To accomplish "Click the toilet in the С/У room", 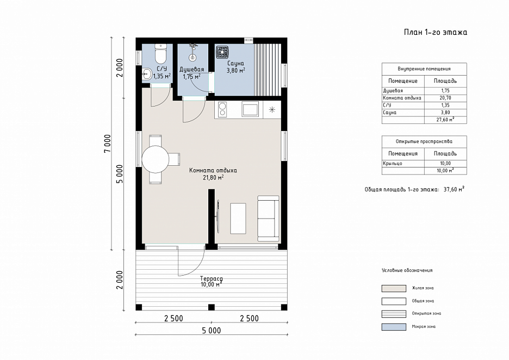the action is tap(160, 53).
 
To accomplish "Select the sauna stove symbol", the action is tap(222, 52).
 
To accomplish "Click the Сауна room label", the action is tap(235, 64).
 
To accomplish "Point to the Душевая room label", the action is tap(192, 70).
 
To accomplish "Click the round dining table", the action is tap(155, 159).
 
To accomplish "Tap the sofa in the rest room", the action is tap(268, 219).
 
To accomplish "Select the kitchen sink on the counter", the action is tap(250, 109).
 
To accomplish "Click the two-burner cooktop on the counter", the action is tap(222, 109).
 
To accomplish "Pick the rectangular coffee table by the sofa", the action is tap(238, 219).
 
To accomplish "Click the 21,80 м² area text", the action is tap(213, 178).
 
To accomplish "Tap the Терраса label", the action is tap(212, 279).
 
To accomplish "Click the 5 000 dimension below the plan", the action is tap(212, 331).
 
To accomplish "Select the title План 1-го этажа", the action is tap(435, 32).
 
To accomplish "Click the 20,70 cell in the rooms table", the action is tap(445, 98).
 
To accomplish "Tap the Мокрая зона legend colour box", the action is tap(394, 327).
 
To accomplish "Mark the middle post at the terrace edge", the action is tap(212, 307).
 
